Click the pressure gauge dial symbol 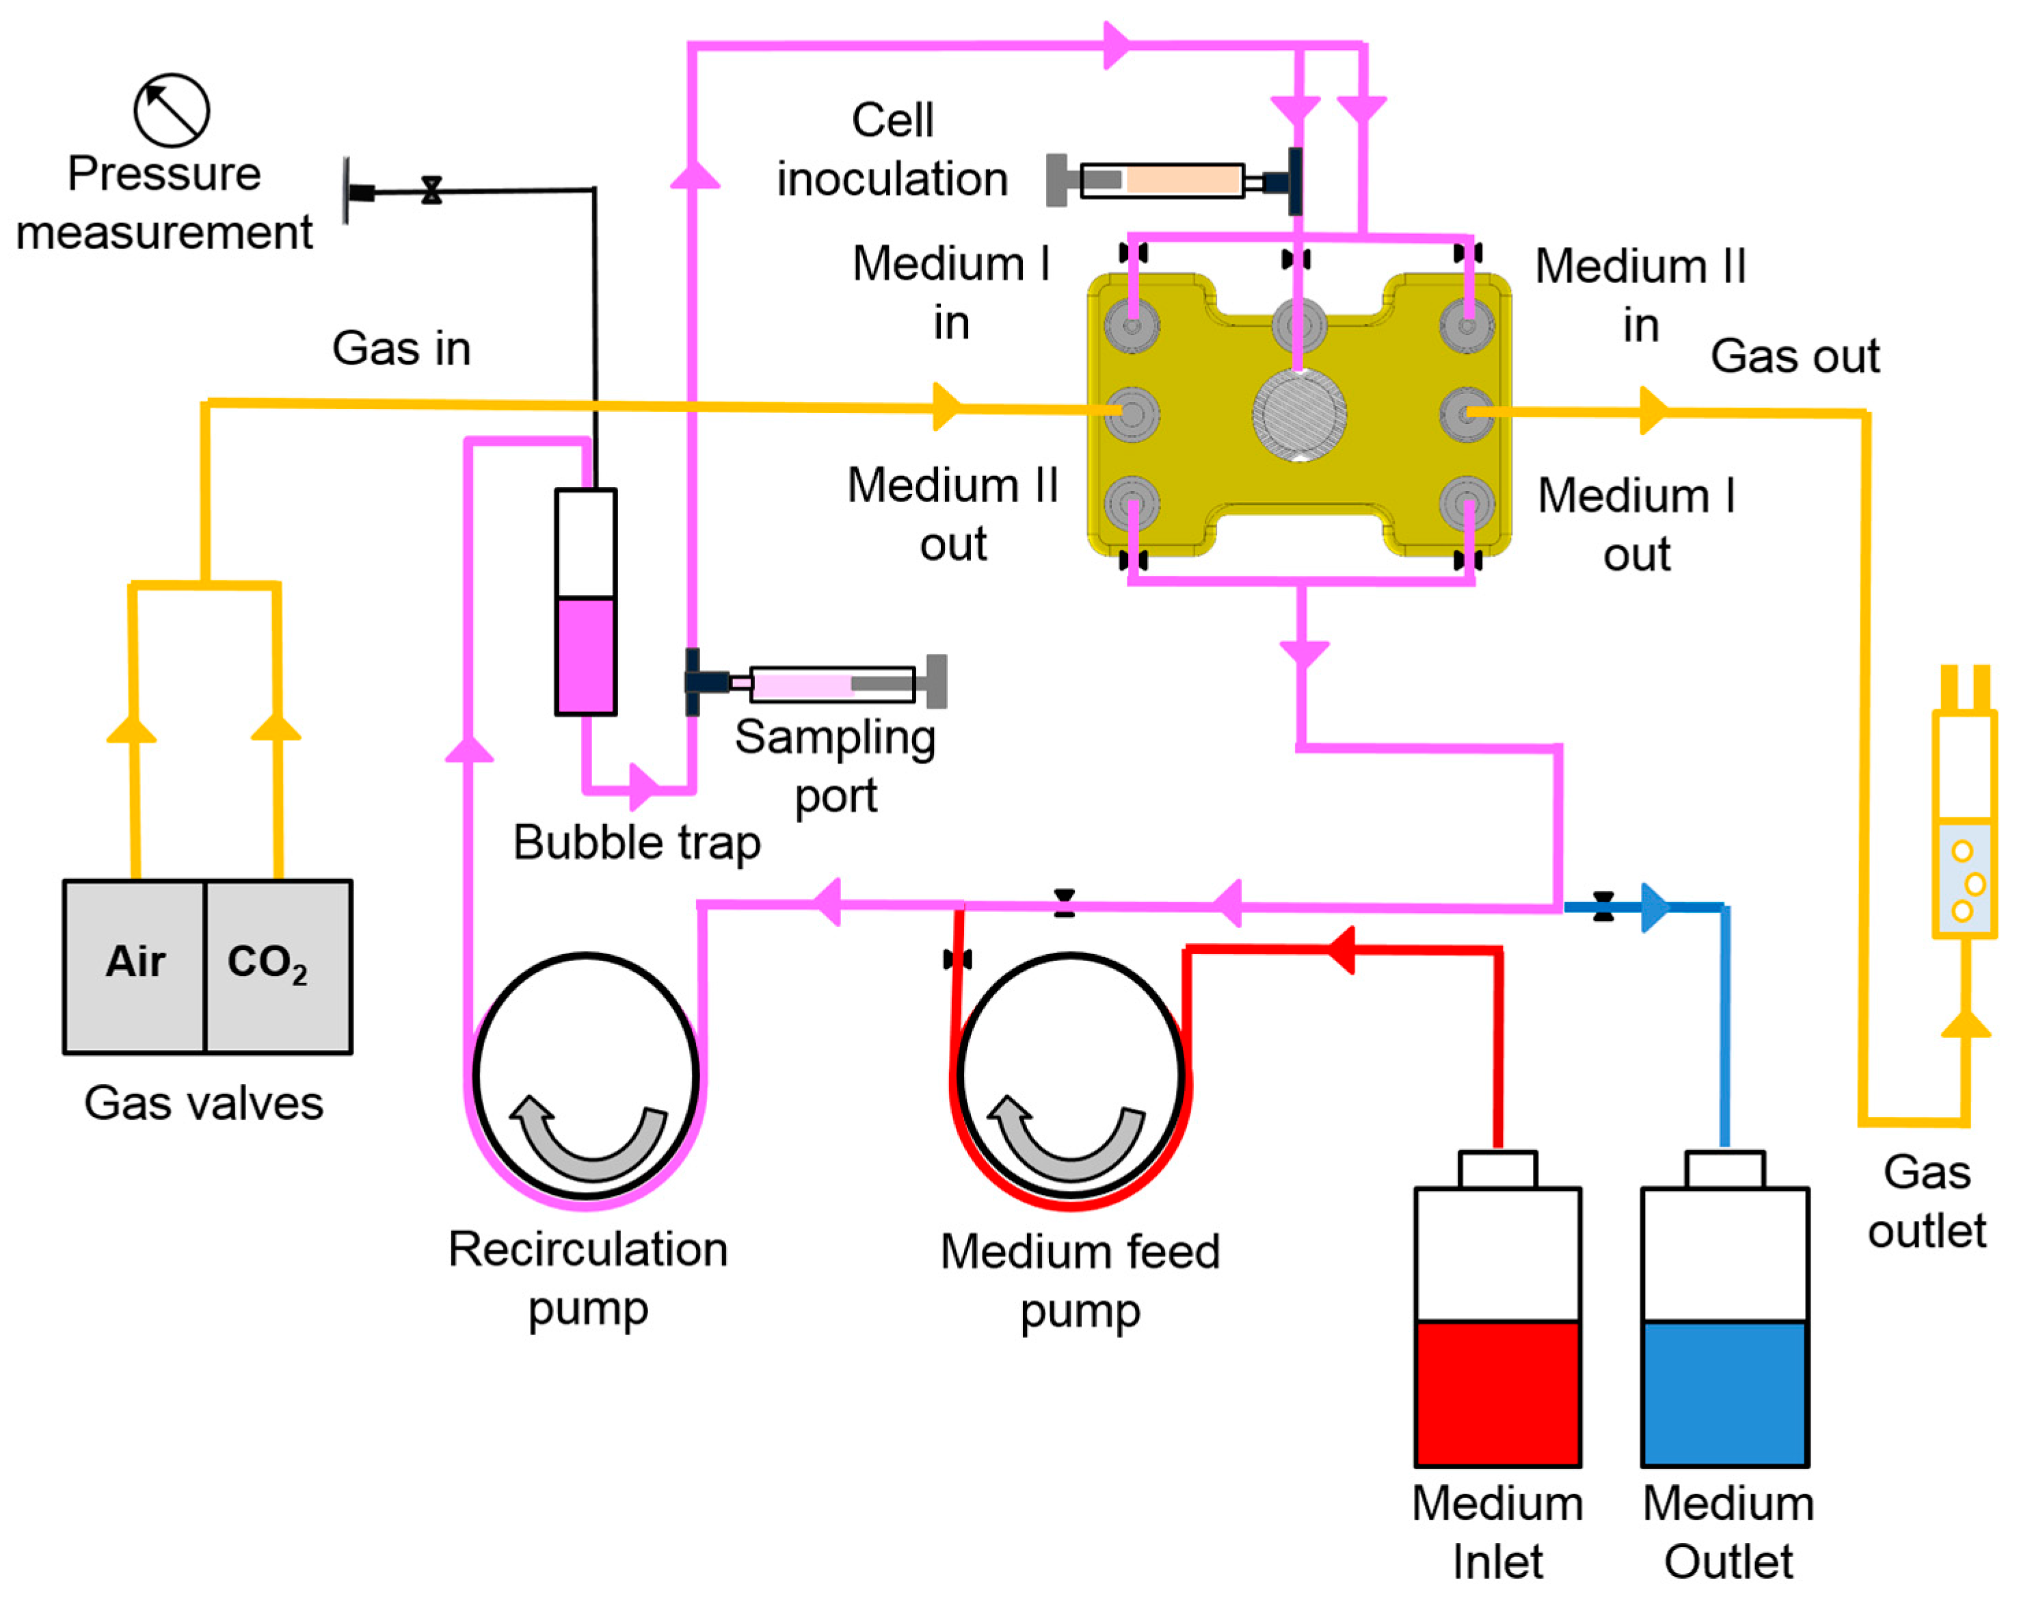[171, 110]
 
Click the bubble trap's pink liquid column [586, 655]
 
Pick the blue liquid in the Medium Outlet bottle [1724, 1392]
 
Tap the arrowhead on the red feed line [1344, 950]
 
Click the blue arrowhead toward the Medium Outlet [1654, 907]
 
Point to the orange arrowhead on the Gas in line [947, 406]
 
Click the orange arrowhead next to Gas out [1653, 411]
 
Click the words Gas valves [203, 1103]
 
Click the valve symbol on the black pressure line [431, 191]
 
